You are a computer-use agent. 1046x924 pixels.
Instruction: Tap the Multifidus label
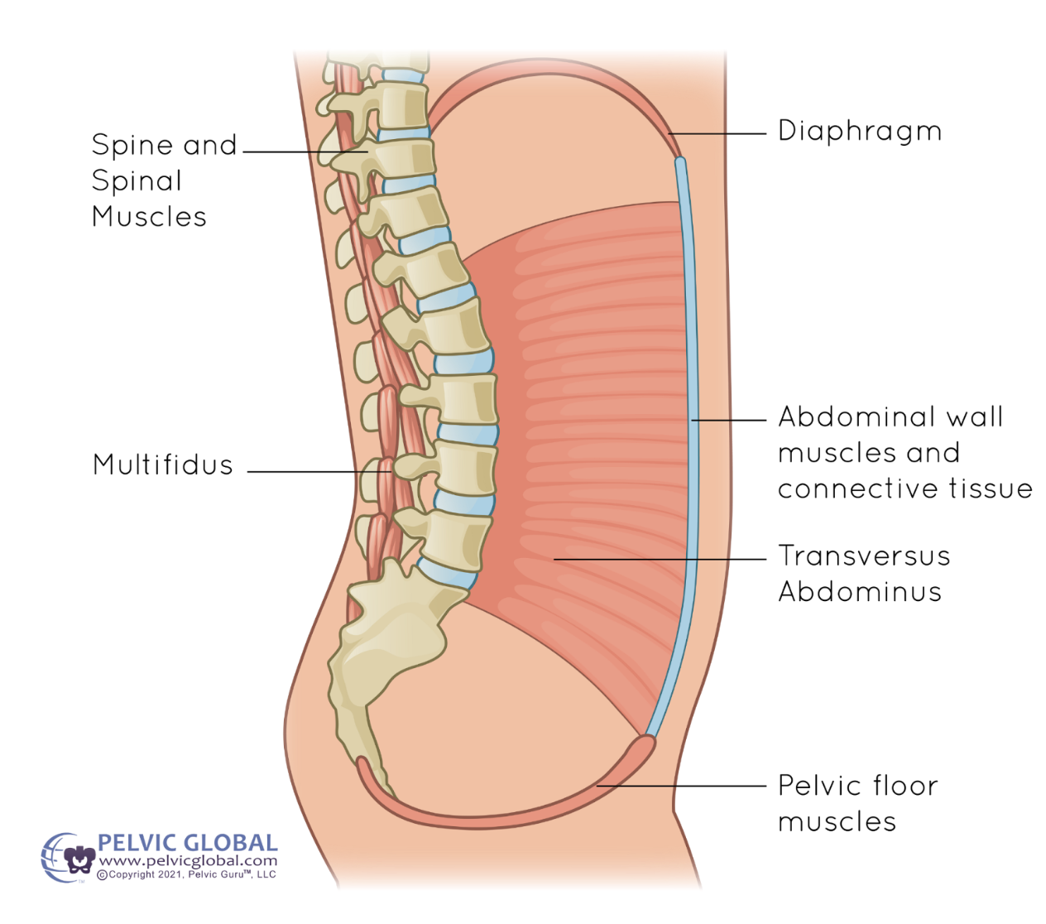(163, 464)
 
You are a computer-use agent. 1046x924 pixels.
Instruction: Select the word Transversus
(864, 556)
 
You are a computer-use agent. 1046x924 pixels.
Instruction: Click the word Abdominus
(860, 592)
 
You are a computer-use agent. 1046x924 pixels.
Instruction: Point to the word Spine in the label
(132, 146)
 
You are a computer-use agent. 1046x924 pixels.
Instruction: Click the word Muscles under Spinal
(149, 217)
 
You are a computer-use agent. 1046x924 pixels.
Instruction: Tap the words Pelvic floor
(858, 785)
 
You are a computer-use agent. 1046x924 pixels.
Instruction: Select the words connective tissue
(905, 488)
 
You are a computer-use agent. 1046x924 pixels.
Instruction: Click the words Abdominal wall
(890, 416)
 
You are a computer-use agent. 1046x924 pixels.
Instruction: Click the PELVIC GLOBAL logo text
(188, 844)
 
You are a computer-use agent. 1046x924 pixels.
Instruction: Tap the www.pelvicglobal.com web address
(188, 860)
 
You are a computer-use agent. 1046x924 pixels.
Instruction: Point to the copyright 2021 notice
(187, 874)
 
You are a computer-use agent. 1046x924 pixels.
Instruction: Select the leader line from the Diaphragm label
(717, 133)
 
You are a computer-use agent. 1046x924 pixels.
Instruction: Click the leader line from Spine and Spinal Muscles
(302, 152)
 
